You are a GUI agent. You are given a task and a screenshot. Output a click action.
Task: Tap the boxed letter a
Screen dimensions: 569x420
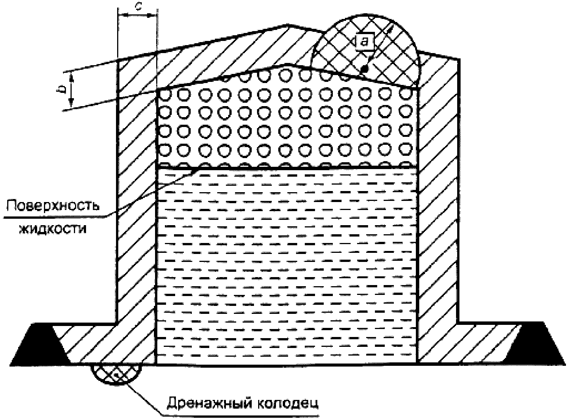364,41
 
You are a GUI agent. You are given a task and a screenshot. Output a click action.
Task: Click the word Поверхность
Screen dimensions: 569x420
53,207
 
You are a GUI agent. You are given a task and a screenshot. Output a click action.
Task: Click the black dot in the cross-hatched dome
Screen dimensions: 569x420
364,69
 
